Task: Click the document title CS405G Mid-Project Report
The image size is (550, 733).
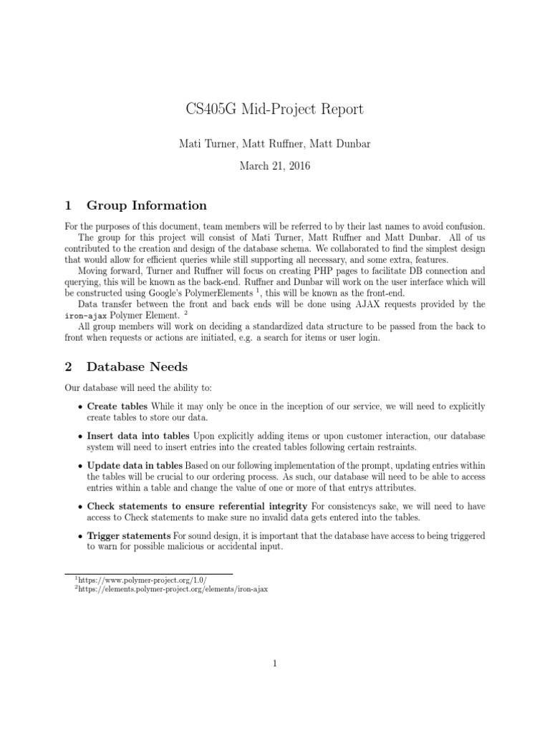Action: point(274,110)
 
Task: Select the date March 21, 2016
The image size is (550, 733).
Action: point(274,165)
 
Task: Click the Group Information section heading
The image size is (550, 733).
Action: point(147,205)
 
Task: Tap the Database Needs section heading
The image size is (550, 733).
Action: point(137,366)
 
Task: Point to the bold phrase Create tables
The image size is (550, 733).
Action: point(118,407)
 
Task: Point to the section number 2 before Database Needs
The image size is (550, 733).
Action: point(68,366)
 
